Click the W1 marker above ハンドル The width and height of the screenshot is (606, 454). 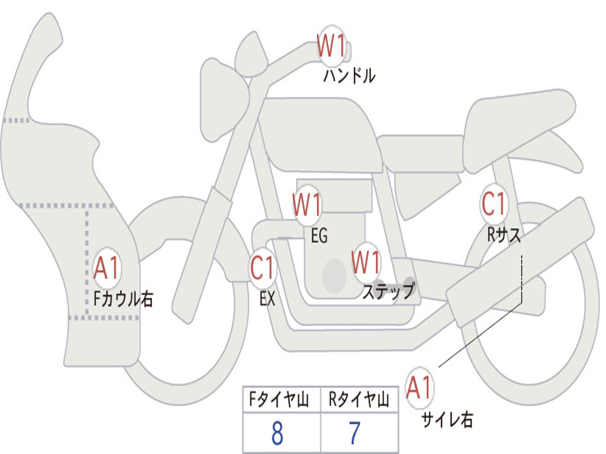point(331,46)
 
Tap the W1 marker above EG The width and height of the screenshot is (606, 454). point(307,205)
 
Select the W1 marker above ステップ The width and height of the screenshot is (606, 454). point(366,262)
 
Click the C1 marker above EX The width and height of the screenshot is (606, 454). point(263,268)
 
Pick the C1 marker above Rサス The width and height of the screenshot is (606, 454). point(494,203)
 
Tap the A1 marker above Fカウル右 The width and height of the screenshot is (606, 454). point(107,268)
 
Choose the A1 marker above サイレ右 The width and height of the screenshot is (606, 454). point(420,388)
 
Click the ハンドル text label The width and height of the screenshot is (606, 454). point(349,76)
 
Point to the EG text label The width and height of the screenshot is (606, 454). point(319,235)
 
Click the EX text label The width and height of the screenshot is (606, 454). point(267,299)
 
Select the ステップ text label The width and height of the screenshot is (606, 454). point(388,291)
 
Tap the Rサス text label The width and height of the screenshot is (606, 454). point(504,234)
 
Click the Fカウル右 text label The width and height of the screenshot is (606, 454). point(123,299)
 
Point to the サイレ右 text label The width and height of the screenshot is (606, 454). point(447,420)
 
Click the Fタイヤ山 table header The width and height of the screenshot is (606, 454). point(279,400)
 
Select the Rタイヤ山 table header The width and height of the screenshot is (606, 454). point(359,400)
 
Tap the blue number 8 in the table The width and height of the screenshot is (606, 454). point(278,433)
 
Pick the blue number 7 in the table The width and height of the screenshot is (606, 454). point(355,433)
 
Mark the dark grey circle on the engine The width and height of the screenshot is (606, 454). point(334,275)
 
